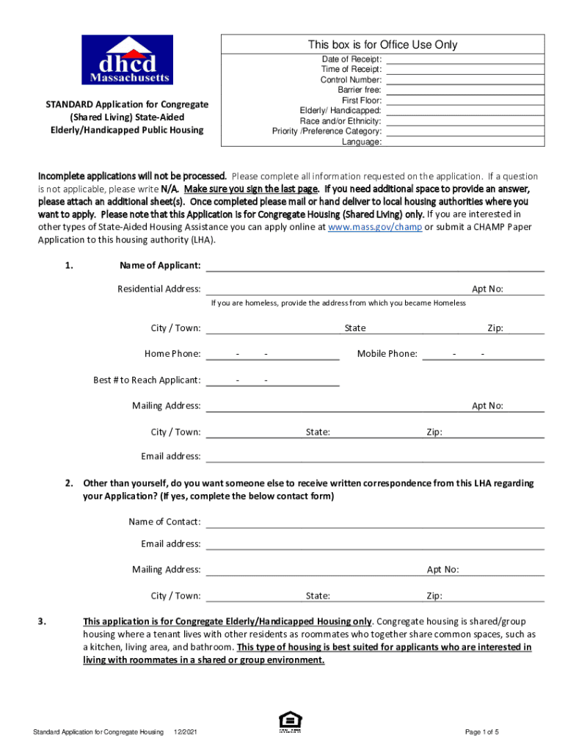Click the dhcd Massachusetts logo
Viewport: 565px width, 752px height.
pyautogui.click(x=128, y=60)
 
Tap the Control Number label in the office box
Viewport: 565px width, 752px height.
pyautogui.click(x=351, y=79)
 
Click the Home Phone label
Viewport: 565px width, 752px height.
pyautogui.click(x=172, y=354)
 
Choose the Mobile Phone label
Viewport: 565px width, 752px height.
pyautogui.click(x=387, y=354)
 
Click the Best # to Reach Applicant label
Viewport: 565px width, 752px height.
pyautogui.click(x=147, y=380)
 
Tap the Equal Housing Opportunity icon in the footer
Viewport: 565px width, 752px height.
pyautogui.click(x=289, y=723)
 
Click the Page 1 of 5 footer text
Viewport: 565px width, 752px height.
pyautogui.click(x=482, y=732)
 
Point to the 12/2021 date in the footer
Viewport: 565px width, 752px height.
pyautogui.click(x=184, y=732)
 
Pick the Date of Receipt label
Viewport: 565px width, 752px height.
pyautogui.click(x=351, y=59)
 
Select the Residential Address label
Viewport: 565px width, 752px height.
pyautogui.click(x=159, y=289)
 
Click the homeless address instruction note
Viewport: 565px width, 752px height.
pyautogui.click(x=338, y=303)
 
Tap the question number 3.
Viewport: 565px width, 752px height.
pyautogui.click(x=43, y=621)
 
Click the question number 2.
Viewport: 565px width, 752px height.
pyautogui.click(x=68, y=483)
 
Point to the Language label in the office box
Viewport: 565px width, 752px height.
pyautogui.click(x=361, y=142)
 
